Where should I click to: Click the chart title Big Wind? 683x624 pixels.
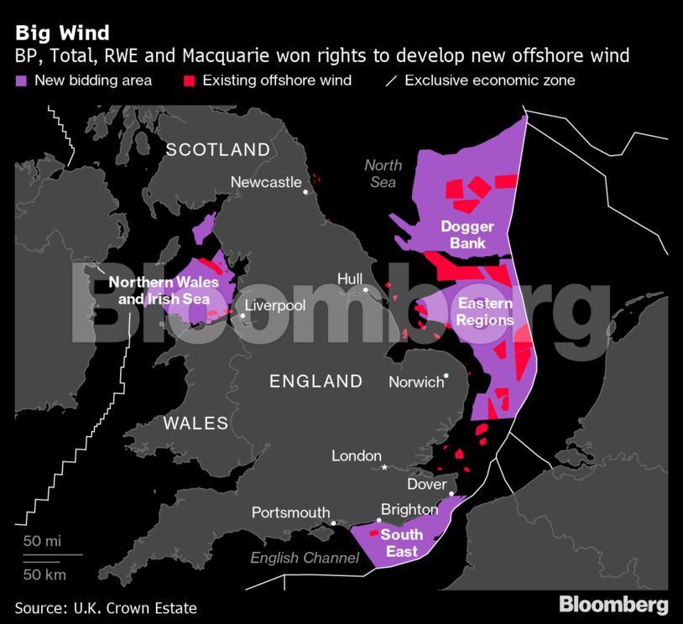click(x=62, y=33)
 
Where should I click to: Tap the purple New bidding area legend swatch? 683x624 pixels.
click(x=21, y=81)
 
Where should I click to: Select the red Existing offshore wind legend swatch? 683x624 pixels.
click(x=189, y=81)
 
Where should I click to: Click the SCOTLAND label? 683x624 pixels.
click(x=218, y=150)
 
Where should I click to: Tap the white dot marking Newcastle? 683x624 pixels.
click(x=306, y=192)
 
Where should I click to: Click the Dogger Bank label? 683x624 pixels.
click(x=467, y=235)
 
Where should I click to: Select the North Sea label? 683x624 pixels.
click(x=383, y=174)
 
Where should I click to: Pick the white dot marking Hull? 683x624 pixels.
click(x=367, y=291)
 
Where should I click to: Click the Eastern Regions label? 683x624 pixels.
click(x=486, y=312)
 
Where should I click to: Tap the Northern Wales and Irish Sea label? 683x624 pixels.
click(x=164, y=289)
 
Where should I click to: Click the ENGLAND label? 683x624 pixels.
click(x=315, y=382)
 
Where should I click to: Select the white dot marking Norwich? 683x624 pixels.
click(x=447, y=376)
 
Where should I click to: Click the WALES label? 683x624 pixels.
click(x=196, y=423)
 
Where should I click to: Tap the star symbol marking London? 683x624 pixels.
click(x=385, y=467)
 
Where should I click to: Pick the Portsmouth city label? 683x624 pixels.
click(x=290, y=512)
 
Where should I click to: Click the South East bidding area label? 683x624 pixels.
click(x=402, y=543)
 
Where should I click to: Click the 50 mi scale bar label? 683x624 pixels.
click(x=42, y=541)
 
